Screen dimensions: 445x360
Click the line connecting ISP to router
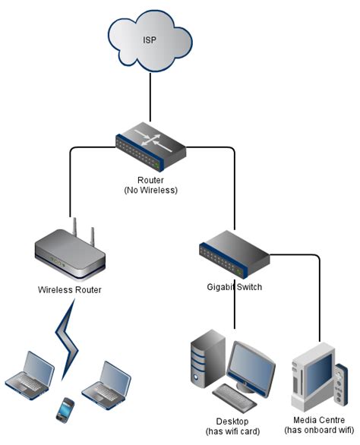[x=150, y=99]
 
